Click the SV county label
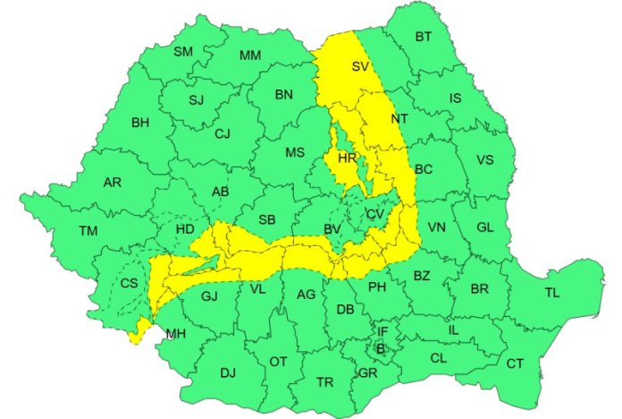click(360, 67)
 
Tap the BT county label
click(423, 37)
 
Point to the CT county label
click(515, 363)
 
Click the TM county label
click(88, 231)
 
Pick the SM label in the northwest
click(183, 52)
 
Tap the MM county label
click(250, 56)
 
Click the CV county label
click(375, 214)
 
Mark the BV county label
click(333, 231)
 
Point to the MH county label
click(175, 335)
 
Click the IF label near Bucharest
click(382, 332)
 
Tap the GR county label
click(367, 372)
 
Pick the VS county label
click(484, 160)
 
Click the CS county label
click(129, 283)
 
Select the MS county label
click(295, 153)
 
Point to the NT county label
click(400, 118)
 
